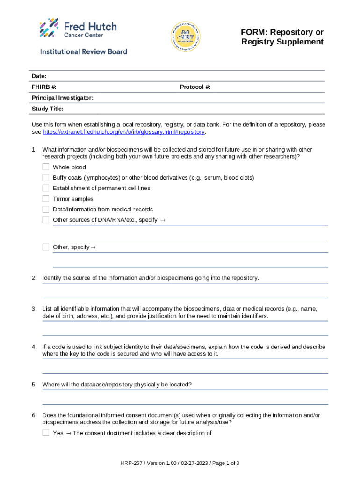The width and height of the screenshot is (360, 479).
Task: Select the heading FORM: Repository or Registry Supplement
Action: click(282, 37)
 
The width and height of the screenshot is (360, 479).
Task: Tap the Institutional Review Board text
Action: click(83, 51)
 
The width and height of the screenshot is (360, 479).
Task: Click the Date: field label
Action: click(39, 76)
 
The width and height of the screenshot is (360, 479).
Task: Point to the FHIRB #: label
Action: click(44, 87)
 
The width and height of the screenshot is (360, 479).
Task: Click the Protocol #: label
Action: click(195, 87)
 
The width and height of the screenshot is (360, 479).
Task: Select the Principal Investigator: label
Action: click(62, 98)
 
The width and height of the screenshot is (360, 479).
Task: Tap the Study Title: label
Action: click(48, 109)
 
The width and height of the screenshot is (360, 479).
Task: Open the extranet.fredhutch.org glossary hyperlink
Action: click(123, 132)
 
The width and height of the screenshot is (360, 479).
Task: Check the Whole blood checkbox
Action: click(45, 167)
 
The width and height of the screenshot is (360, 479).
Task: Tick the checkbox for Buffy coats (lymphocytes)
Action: click(45, 178)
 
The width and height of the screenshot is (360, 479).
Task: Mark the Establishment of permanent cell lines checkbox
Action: click(45, 188)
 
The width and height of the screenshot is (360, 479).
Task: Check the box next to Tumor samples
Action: click(45, 199)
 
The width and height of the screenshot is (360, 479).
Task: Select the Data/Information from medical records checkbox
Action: click(45, 209)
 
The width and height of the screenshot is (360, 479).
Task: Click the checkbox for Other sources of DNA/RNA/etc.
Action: click(45, 220)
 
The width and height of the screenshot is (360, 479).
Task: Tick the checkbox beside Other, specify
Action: click(45, 247)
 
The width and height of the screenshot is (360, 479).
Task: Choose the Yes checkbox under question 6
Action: click(45, 433)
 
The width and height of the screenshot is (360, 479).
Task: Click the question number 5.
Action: click(34, 385)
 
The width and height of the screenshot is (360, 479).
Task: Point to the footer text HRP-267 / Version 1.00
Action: click(180, 463)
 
